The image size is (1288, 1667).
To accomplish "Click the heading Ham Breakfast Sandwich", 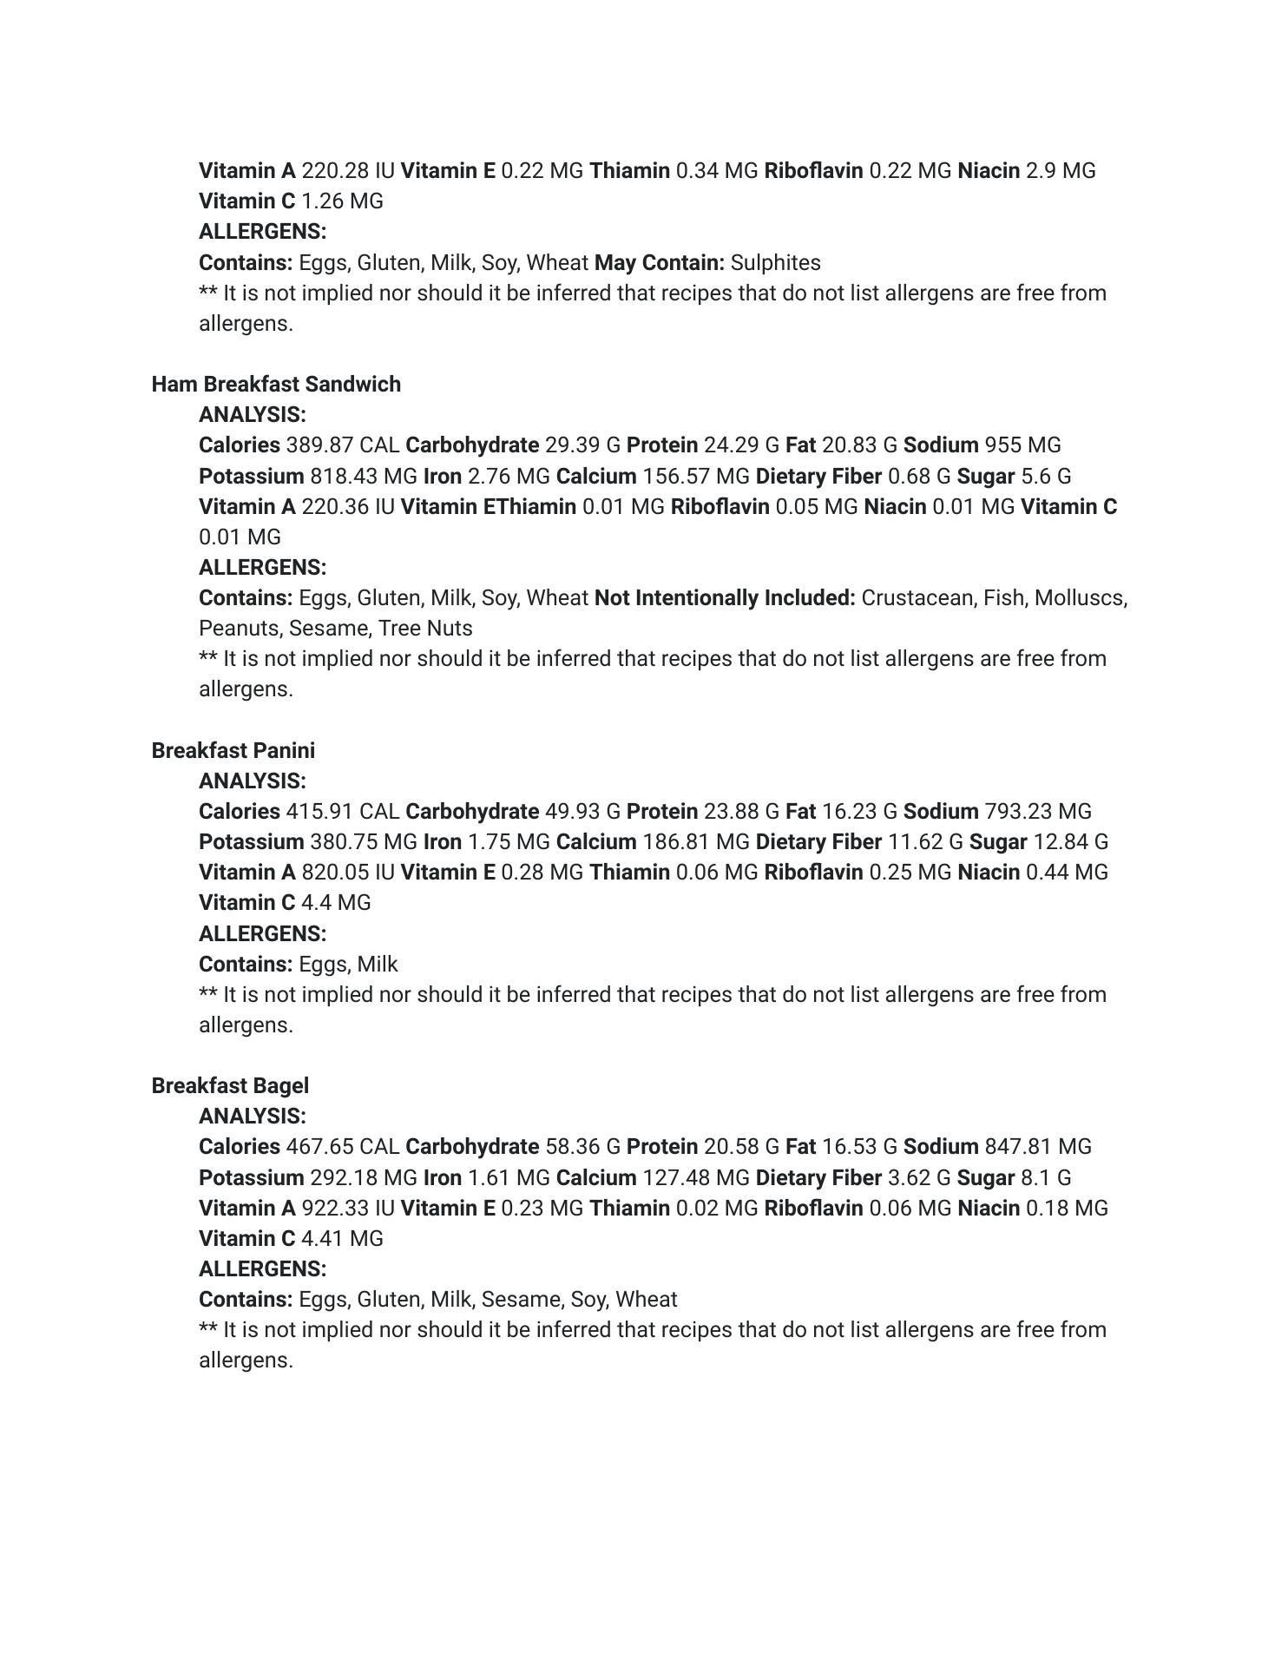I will tap(276, 384).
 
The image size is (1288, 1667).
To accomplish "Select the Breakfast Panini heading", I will tap(233, 750).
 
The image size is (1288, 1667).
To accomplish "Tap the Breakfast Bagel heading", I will tap(230, 1085).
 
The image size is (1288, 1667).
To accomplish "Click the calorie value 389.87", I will tap(319, 445).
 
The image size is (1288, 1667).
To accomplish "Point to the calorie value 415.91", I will tap(319, 812).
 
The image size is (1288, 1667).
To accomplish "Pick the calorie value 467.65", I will tap(319, 1147).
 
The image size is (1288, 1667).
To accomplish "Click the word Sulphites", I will tap(775, 262).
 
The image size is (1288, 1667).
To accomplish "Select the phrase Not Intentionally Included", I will tap(725, 598).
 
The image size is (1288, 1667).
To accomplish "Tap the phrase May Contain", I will tap(660, 262).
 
